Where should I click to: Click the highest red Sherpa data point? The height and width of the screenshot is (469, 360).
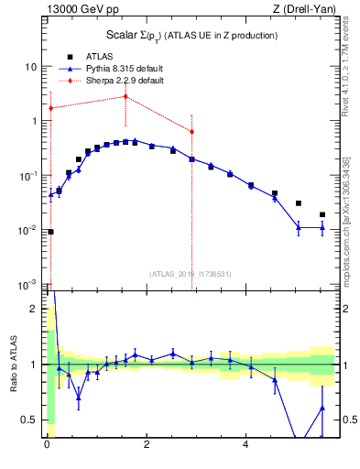125,96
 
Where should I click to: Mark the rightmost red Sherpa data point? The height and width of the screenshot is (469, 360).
191,132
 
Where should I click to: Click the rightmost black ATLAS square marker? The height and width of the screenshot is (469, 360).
322,215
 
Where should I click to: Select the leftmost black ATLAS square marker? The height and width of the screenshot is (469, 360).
50,232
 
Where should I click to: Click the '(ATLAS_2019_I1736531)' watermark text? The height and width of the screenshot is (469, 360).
191,274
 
